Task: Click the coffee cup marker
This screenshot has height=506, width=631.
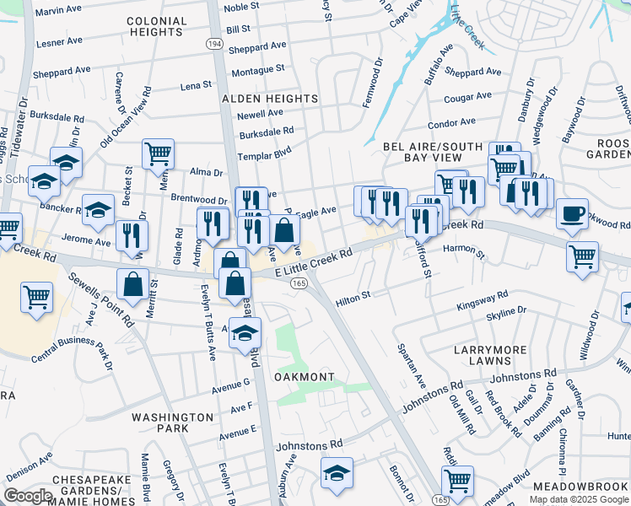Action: click(573, 213)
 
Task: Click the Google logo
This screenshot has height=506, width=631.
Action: click(28, 496)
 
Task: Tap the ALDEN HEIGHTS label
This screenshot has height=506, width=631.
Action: click(270, 99)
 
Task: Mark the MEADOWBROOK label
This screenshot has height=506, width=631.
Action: click(581, 487)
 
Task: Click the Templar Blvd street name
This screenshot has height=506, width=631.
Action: click(264, 155)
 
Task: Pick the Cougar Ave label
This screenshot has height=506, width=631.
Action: click(467, 98)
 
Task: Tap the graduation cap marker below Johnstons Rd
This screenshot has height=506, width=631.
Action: click(336, 472)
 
